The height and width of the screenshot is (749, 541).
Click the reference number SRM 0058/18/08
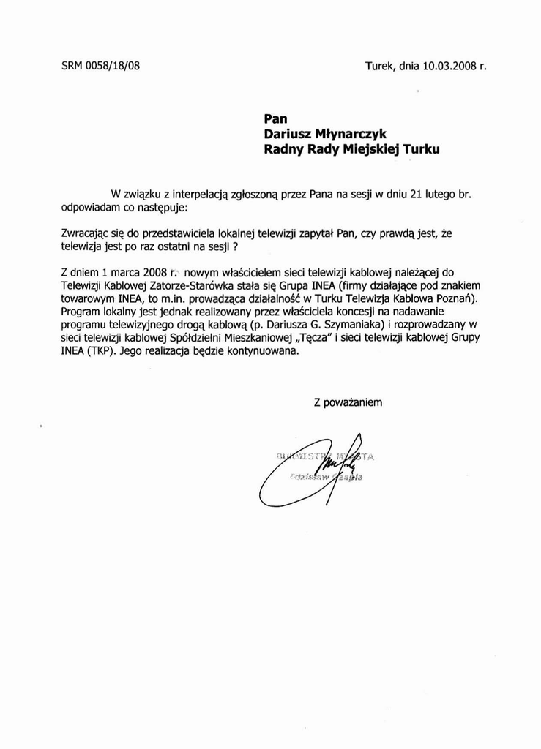click(100, 66)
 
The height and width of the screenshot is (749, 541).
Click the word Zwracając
click(88, 233)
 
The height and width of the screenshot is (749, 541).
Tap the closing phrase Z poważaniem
click(348, 402)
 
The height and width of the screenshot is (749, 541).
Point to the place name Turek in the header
click(380, 66)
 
